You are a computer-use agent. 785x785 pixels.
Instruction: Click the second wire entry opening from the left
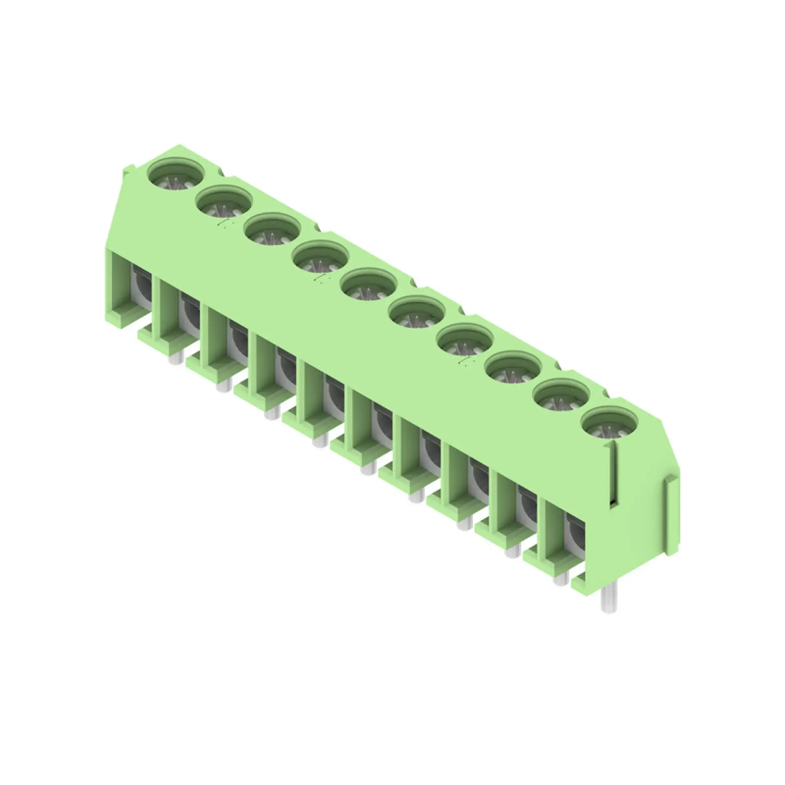[x=190, y=315]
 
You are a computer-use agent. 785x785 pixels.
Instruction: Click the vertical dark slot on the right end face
[x=613, y=475]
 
